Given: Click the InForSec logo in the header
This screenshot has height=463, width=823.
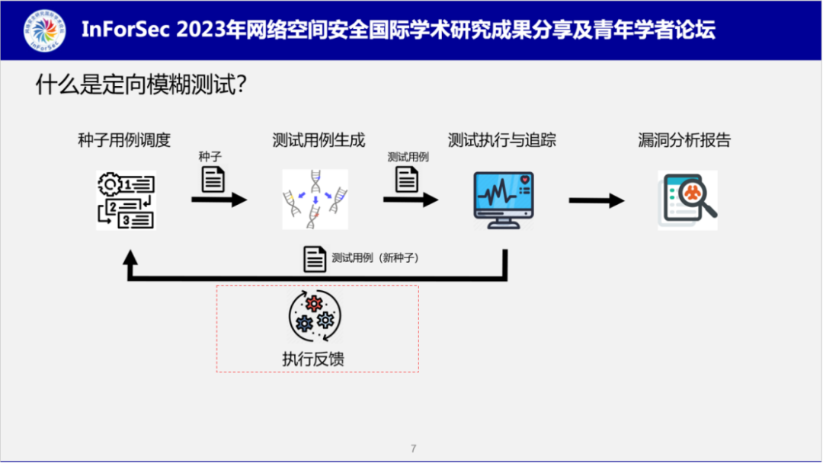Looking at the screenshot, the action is point(44,30).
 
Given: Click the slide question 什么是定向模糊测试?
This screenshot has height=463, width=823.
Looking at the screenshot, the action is point(140,85).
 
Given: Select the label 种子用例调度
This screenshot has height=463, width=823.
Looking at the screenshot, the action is point(124,140).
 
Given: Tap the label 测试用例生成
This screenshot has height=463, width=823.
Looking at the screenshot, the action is point(319,140).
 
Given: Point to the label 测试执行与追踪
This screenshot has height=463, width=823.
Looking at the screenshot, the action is point(502,140).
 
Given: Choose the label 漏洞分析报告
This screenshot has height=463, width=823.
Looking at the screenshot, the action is point(684,140).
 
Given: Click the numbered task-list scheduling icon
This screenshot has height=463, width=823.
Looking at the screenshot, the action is point(126,200).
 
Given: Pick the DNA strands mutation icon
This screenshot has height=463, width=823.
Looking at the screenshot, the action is point(315,200).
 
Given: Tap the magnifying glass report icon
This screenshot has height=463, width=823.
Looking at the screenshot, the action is point(688,200).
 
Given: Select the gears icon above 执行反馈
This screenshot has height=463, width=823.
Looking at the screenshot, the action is point(315,317).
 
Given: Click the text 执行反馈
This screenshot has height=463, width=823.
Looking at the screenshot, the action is point(313,358).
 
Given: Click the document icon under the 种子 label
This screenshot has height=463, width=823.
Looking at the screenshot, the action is point(213,179).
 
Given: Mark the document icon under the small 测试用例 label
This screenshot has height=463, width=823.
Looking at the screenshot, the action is point(407,179).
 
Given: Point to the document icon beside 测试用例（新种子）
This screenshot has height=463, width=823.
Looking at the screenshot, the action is point(315,259).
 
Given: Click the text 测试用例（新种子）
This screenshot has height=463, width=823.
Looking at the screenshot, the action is point(376,258).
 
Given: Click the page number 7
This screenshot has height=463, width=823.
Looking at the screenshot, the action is point(413,449).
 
